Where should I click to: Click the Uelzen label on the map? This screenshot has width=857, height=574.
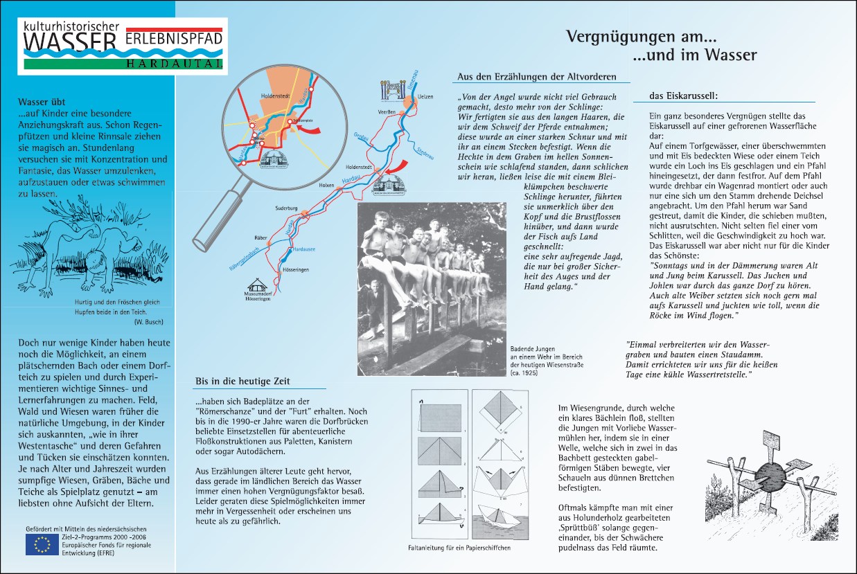coord(426,97)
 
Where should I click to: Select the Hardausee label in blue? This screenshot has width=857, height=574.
coord(305,248)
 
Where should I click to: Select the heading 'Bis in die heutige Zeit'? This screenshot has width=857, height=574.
coord(242,382)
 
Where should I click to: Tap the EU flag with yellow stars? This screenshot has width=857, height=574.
coord(42,545)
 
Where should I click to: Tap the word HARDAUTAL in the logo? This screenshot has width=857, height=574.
coord(175,64)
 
